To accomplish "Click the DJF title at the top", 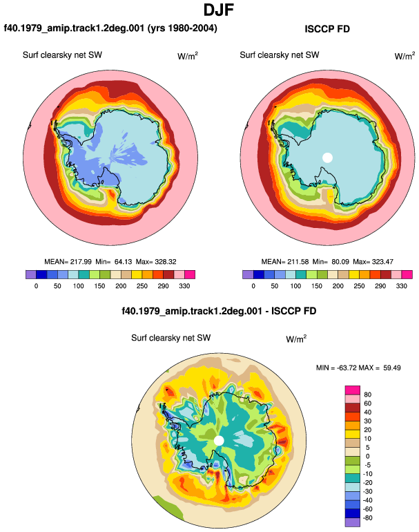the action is tap(219, 10).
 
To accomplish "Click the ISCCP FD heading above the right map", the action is tap(327, 29).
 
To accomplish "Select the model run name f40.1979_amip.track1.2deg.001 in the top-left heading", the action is tap(75, 28).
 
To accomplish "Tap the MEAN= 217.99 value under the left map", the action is tap(68, 262).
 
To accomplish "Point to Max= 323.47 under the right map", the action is tap(373, 262).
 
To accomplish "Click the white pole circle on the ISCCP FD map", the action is tap(327, 158).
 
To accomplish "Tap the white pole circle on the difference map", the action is tap(219, 441).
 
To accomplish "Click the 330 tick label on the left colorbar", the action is tap(184, 286).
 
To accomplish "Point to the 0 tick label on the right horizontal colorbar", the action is tap(253, 286).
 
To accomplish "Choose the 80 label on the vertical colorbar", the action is tap(367, 395).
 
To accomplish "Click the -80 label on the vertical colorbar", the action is tap(367, 518).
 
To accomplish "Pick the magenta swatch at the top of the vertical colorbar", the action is tap(353, 390).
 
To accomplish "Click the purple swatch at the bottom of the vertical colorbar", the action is tap(353, 522).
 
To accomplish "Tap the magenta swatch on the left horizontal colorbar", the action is tap(190, 274).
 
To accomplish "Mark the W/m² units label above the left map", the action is tap(188, 56).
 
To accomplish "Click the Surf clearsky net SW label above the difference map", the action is tap(171, 338).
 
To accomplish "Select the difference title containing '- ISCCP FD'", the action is tap(219, 311).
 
